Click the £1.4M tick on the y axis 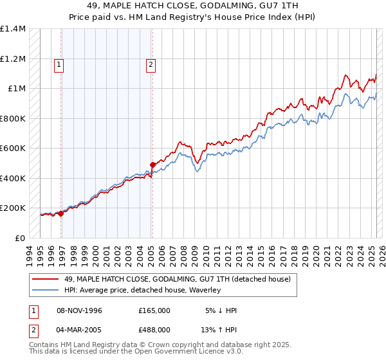13,29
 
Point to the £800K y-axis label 13,118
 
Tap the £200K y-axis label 13,208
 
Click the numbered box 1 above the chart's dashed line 59,64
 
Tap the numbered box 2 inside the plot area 151,64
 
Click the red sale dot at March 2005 152,165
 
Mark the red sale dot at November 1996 60,214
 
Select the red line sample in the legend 46,279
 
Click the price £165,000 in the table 154,310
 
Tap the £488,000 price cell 154,331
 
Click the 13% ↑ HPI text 219,331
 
